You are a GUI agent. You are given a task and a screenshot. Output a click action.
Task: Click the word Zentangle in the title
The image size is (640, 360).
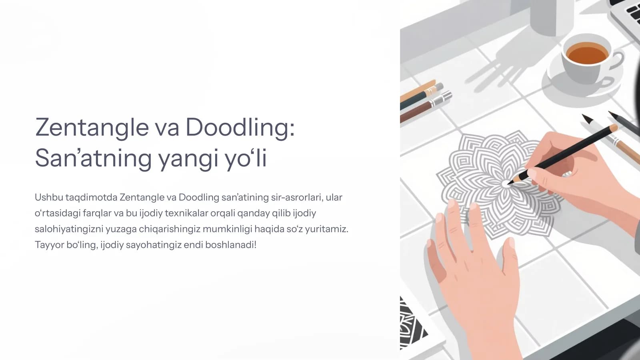(92, 128)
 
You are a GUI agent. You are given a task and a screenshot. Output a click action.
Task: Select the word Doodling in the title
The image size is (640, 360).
(240, 128)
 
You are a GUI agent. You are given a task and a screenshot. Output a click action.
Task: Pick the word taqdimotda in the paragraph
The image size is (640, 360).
(92, 198)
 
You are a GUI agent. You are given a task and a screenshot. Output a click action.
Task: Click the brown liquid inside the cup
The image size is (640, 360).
(587, 53)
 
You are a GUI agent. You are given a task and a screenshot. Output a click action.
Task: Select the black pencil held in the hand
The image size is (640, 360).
(562, 155)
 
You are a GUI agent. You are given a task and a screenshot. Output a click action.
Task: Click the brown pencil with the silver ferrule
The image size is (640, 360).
(426, 107)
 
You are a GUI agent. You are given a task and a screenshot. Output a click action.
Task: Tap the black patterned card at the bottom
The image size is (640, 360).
(412, 323)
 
